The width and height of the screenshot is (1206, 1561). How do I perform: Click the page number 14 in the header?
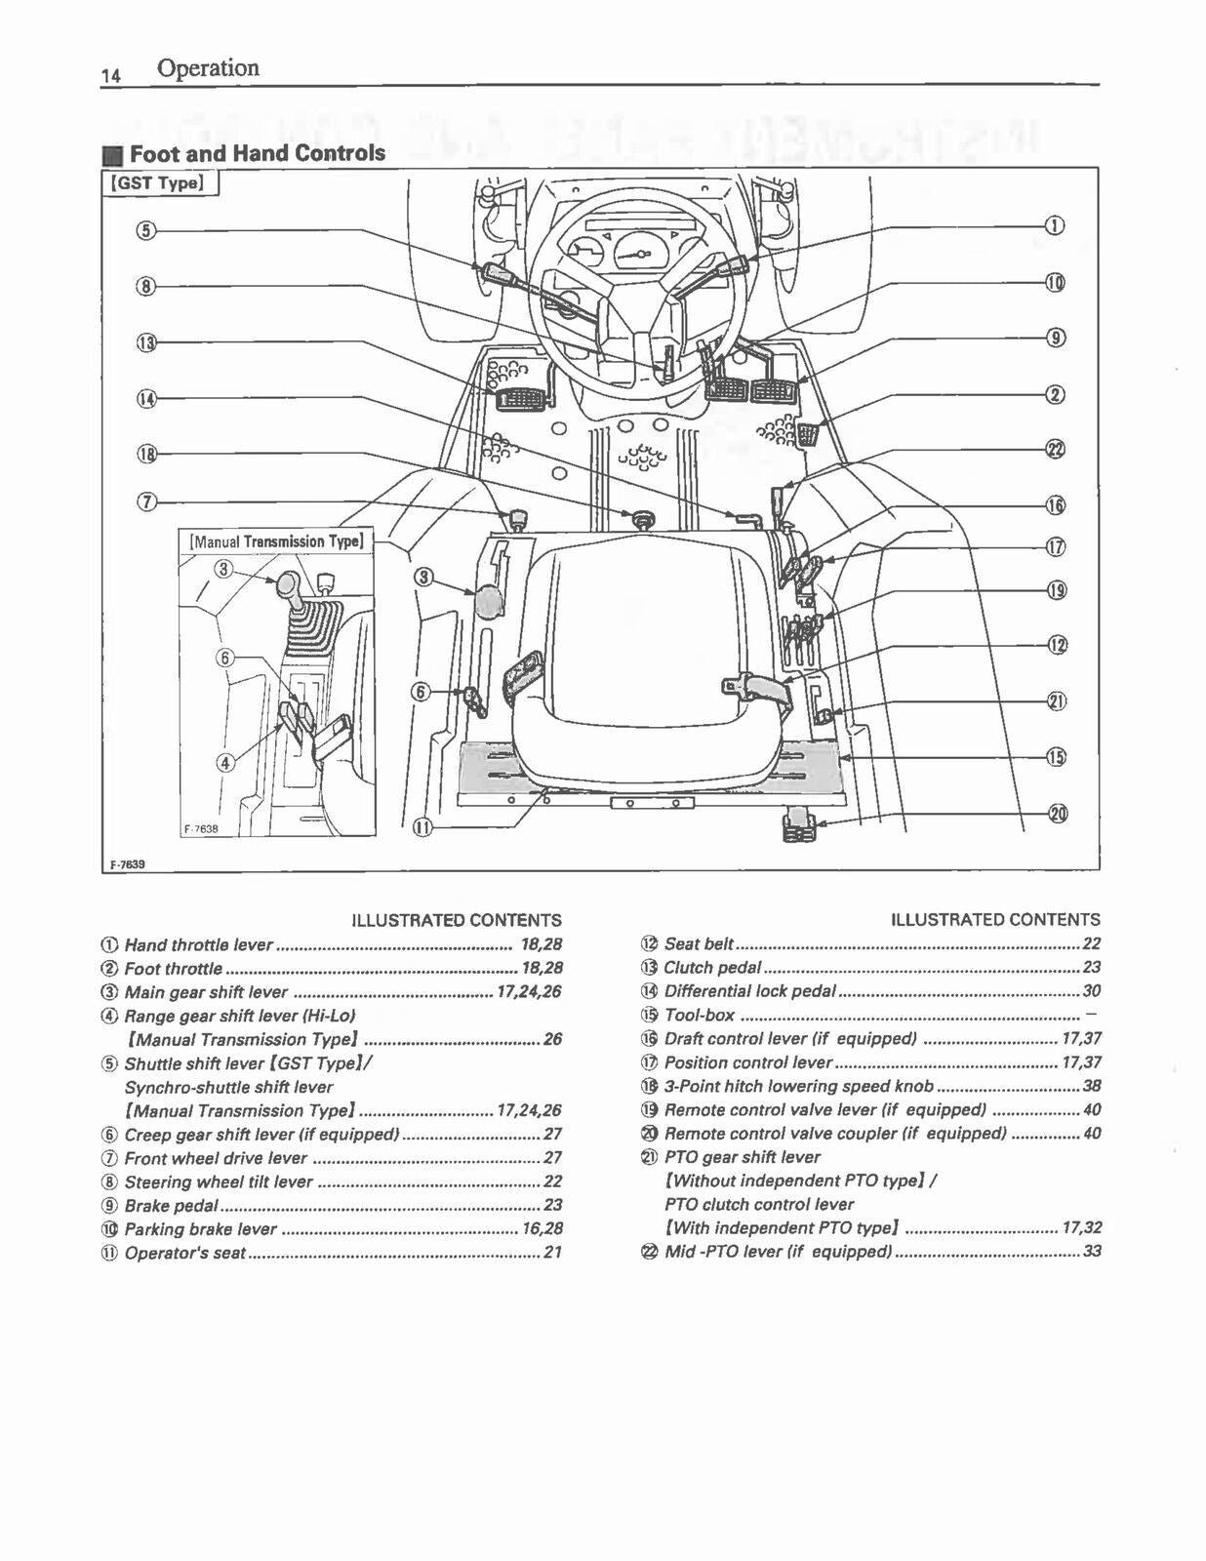click(x=110, y=75)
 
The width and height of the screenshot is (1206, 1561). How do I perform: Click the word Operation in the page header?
click(x=208, y=68)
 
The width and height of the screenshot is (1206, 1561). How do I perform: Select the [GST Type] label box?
click(x=160, y=183)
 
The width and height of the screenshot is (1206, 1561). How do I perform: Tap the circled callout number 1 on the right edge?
click(x=1055, y=226)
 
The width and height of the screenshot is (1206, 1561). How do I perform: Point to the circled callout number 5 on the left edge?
click(x=145, y=230)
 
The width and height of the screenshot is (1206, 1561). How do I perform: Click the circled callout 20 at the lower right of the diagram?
click(x=1057, y=814)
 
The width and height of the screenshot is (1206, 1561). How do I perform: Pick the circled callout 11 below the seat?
click(x=422, y=827)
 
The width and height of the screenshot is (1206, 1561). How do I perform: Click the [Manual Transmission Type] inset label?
click(x=276, y=541)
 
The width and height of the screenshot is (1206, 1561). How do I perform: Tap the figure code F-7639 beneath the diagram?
click(x=126, y=864)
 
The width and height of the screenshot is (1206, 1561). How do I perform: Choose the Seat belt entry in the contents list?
click(x=699, y=943)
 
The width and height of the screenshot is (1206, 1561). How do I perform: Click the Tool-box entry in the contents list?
click(x=699, y=1015)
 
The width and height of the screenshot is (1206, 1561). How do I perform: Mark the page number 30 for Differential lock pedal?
click(x=1091, y=991)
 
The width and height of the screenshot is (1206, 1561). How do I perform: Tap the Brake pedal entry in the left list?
click(x=171, y=1205)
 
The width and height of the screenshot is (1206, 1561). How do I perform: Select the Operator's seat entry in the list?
click(x=184, y=1253)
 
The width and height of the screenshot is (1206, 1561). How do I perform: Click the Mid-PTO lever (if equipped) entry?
click(x=778, y=1251)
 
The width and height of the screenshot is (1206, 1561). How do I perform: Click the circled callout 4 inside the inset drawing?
click(x=225, y=763)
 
